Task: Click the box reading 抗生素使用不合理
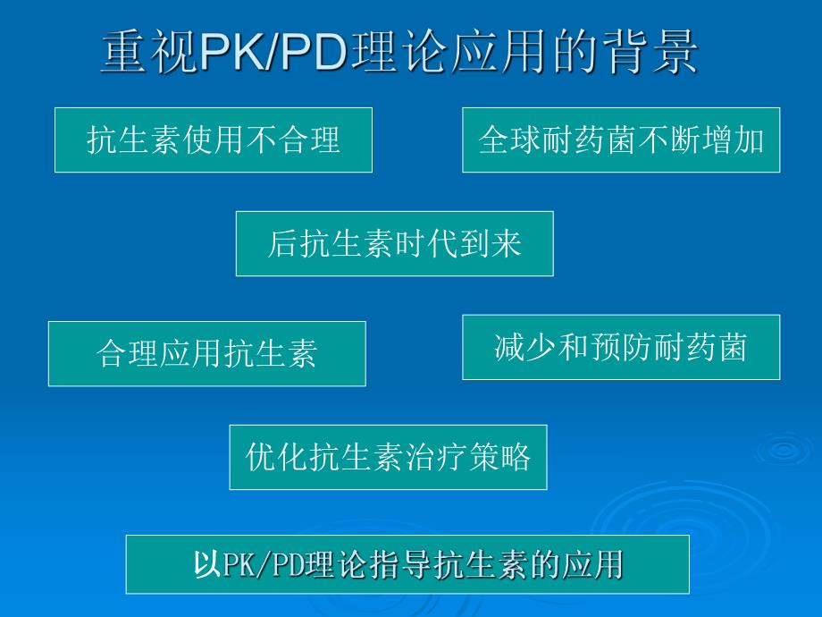214,140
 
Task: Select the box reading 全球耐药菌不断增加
621,140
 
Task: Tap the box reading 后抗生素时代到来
394,243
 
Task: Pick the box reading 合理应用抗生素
206,354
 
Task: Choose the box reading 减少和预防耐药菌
621,347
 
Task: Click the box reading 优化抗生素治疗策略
388,457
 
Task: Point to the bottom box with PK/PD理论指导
407,564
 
